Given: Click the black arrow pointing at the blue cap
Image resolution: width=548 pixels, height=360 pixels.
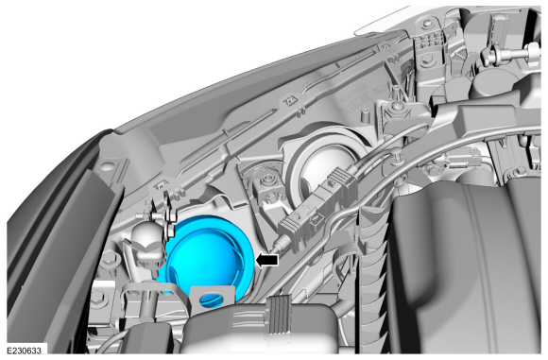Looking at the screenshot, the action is (x=267, y=260).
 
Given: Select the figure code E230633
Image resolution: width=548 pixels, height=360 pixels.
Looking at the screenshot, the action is (x=24, y=351).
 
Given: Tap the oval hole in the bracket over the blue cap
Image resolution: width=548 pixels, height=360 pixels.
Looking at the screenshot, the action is (x=211, y=299).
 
